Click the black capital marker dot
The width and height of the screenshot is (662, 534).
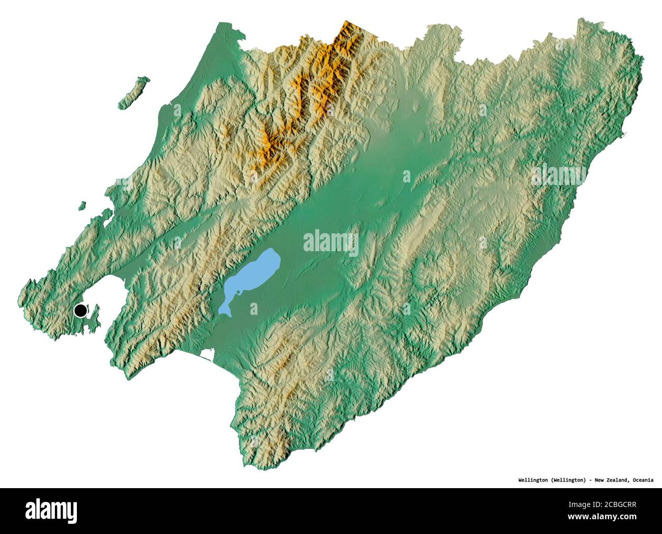pos(80,310)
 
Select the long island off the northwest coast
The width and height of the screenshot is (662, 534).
pos(133,93)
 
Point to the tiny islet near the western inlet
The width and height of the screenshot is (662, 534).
pos(82,206)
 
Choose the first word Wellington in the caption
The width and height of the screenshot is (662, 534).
pos(533,480)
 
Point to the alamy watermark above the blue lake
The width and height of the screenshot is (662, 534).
pos(331,243)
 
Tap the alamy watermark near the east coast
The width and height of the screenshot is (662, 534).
pos(559,175)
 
